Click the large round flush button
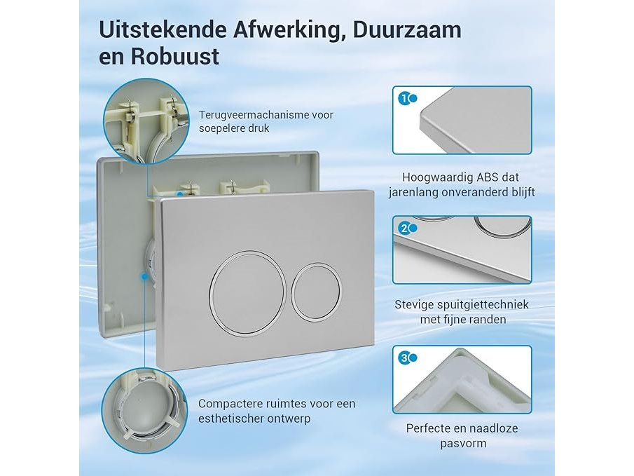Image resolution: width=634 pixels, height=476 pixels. tap(247, 294)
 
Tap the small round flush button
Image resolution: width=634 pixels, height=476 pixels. tap(316, 290)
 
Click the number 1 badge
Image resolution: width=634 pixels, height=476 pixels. tap(404, 98)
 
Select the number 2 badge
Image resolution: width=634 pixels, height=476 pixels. tap(404, 229)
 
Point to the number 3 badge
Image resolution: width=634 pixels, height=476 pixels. tap(404, 358)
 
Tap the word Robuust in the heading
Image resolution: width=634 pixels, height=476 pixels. tap(174, 56)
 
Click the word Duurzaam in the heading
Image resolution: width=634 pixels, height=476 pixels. tap(407, 30)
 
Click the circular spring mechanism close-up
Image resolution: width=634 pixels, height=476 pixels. tap(146, 121)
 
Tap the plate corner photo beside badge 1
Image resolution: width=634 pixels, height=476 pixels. tap(462, 120)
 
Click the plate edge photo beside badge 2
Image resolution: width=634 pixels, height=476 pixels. tap(462, 250)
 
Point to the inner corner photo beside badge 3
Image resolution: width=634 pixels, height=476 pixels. tap(462, 380)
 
